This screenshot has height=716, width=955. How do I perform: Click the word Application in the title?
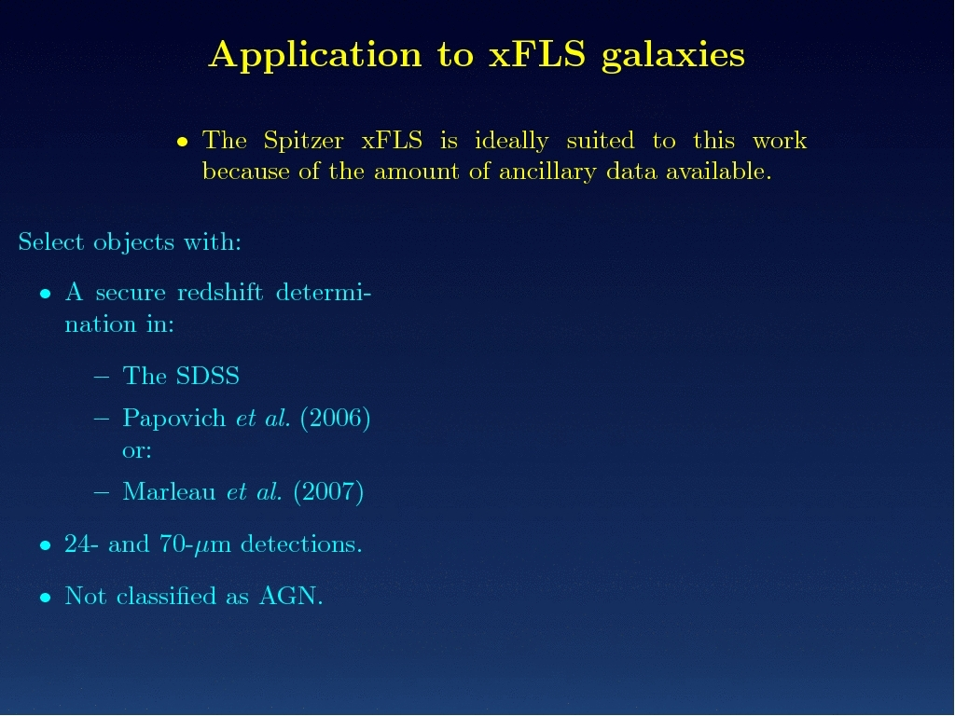pos(315,55)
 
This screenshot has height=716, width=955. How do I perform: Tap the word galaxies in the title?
pos(673,56)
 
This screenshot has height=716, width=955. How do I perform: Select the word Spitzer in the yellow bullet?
pos(303,142)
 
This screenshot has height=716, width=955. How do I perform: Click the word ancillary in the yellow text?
pos(547,172)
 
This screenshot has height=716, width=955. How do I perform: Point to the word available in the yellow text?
pos(719,172)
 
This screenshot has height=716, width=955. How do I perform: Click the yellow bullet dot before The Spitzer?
pos(182,143)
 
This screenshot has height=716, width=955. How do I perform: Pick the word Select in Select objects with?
pos(51,241)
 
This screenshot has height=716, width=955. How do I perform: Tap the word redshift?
pos(220,292)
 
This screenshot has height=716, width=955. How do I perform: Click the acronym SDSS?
pos(207,376)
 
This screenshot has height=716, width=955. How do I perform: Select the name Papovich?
pos(174,419)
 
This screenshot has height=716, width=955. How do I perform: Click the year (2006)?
pos(335,419)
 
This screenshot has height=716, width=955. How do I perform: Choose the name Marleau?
pos(170,491)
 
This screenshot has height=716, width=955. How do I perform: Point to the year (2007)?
pos(328,492)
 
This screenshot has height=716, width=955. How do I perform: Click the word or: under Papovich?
pos(137,451)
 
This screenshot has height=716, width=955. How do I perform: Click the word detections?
pos(301,544)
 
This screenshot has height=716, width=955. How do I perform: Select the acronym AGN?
pos(291,596)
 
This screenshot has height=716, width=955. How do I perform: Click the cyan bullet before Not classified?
pos(45,598)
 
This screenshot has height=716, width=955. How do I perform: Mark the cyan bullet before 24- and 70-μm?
pos(45,545)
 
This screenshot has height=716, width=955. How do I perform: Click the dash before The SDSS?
pos(102,377)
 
